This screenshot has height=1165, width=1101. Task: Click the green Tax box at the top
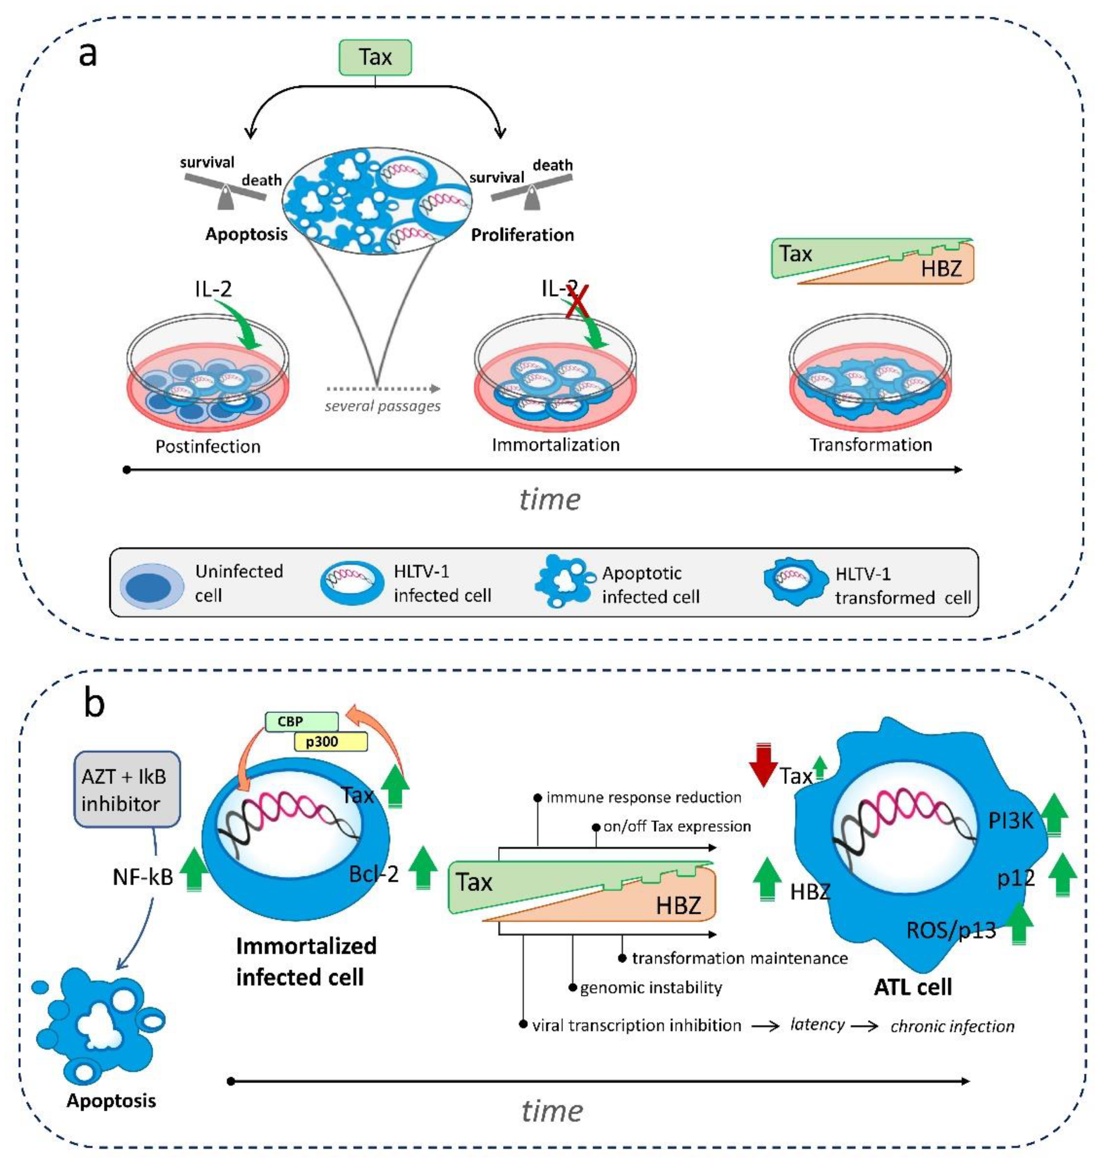coord(376,57)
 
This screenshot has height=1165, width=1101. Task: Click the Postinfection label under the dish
coord(208,447)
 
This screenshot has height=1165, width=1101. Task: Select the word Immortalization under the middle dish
coord(555,445)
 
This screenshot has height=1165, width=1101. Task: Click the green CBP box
coord(301,721)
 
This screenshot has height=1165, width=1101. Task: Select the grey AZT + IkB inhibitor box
coord(127,789)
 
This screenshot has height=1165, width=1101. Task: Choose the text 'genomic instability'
coord(650,988)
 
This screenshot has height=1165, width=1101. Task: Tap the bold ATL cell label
coord(913,987)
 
